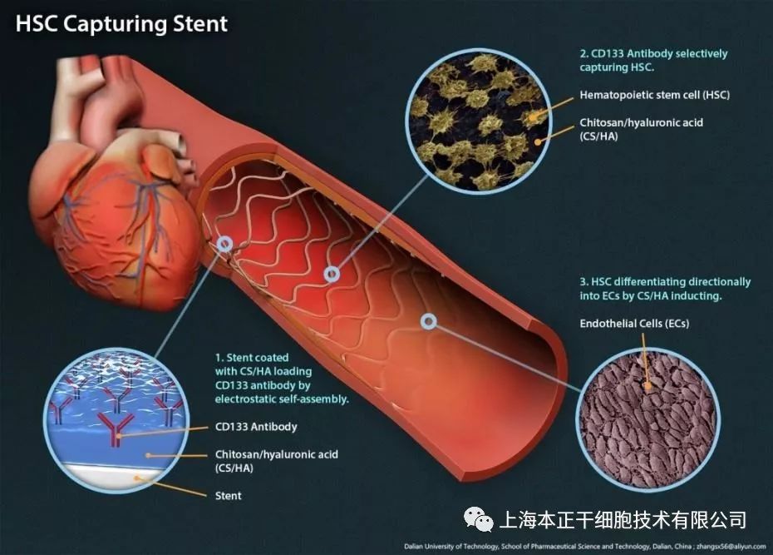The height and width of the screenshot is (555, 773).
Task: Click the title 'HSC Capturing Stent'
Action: (121, 22)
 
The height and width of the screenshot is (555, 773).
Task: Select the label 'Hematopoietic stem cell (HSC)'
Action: (655, 95)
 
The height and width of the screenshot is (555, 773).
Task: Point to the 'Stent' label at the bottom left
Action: (228, 496)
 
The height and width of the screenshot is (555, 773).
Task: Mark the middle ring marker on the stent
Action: (332, 273)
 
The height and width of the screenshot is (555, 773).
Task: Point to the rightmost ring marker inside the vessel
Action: (429, 320)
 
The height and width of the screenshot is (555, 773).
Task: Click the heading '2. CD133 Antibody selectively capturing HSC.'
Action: (652, 60)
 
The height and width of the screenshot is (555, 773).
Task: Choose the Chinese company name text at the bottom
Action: (620, 520)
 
